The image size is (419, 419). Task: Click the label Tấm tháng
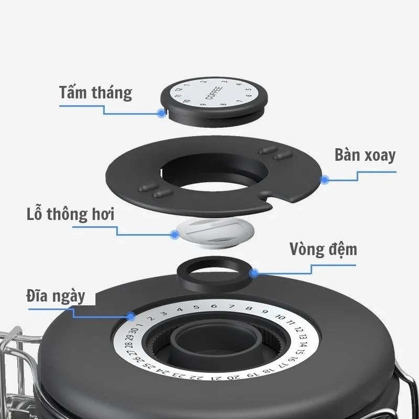click(x=95, y=93)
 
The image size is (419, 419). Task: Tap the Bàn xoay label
click(x=365, y=155)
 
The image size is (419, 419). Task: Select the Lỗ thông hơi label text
click(x=71, y=214)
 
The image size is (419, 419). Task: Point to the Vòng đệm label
click(x=323, y=249)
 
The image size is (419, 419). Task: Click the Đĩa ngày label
click(x=56, y=296)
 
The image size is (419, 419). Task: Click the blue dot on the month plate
click(x=161, y=113)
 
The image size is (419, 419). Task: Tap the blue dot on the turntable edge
click(x=325, y=180)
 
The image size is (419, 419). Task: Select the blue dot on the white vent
click(x=175, y=235)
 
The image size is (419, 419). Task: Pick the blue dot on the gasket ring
click(x=254, y=273)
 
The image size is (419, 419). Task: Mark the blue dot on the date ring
click(x=131, y=317)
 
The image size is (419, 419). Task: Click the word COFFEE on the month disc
click(x=214, y=93)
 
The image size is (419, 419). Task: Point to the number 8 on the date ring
click(x=249, y=308)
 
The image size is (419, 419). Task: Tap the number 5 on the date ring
click(x=196, y=307)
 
